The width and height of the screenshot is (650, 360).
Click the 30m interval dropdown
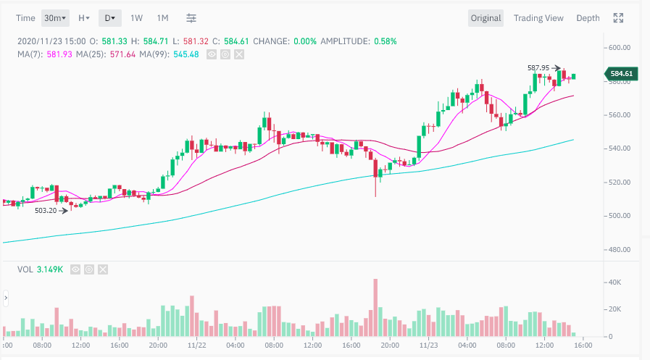(x=55, y=18)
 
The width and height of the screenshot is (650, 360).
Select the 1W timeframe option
(x=136, y=18)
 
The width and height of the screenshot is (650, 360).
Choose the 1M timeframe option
(x=162, y=18)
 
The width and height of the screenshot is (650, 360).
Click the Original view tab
(x=486, y=18)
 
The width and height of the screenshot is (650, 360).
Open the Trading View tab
(x=538, y=18)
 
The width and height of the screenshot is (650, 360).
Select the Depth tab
(x=588, y=18)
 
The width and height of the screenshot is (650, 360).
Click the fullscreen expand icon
(x=618, y=18)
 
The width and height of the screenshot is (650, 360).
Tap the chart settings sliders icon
(x=191, y=18)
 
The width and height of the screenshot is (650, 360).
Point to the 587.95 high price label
(x=538, y=68)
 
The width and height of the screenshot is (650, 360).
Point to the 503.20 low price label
(x=46, y=211)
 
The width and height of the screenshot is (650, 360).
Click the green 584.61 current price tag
(x=621, y=73)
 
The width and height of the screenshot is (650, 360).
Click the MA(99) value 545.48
(x=184, y=53)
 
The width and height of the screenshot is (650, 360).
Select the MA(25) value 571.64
(x=121, y=53)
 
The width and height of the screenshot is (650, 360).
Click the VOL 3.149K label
(x=40, y=269)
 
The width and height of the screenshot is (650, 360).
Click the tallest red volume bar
(x=375, y=308)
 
